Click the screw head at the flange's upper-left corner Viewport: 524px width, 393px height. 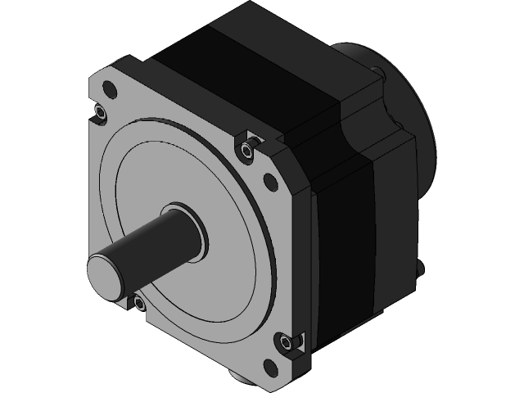[101, 111]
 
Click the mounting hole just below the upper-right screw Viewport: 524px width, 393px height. [270, 180]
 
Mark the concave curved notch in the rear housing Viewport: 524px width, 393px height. [360, 131]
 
